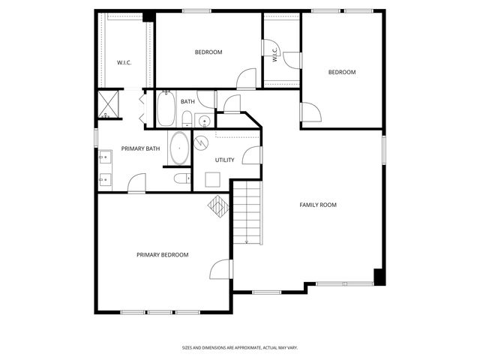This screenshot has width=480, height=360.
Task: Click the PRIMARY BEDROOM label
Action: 162,255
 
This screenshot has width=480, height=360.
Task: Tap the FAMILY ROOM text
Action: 318,205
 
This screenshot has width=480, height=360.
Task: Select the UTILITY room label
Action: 224,160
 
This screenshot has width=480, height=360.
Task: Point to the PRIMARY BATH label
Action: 140,148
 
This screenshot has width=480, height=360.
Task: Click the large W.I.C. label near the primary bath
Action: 124,62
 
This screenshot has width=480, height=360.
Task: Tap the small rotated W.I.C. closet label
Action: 275,55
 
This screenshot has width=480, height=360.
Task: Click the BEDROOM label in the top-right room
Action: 341,72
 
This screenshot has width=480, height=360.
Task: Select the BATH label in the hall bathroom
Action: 187,101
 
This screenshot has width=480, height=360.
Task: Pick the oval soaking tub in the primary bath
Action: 179,148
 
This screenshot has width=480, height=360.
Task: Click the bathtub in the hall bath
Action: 166,109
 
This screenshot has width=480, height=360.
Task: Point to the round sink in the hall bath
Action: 203,120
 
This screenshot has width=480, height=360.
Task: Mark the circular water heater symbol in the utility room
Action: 202,141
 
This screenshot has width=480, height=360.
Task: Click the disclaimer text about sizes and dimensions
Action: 240,347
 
